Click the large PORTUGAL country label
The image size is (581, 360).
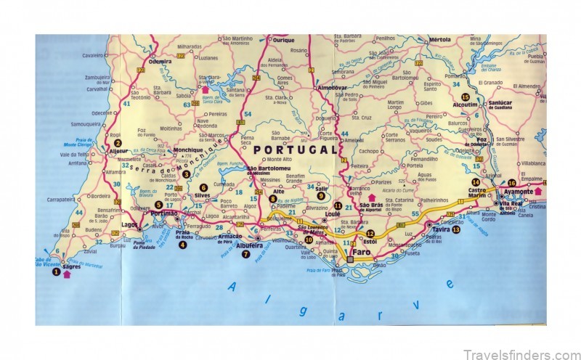point(296,150)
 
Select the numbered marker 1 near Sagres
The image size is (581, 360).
point(56,271)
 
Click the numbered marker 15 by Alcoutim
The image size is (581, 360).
point(466,96)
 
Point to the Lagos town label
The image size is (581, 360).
point(130,225)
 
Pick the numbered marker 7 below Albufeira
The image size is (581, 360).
point(245,254)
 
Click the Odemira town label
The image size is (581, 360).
point(160,62)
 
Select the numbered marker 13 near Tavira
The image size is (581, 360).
point(455,229)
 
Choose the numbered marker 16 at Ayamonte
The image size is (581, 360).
point(511,183)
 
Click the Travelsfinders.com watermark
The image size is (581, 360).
point(522,354)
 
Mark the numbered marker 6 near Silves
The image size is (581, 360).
point(203,187)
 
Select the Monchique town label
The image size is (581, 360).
point(188,150)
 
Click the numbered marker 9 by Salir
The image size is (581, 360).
point(320,195)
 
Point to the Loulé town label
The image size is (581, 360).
point(333,215)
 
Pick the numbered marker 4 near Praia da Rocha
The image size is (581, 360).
point(182,245)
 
